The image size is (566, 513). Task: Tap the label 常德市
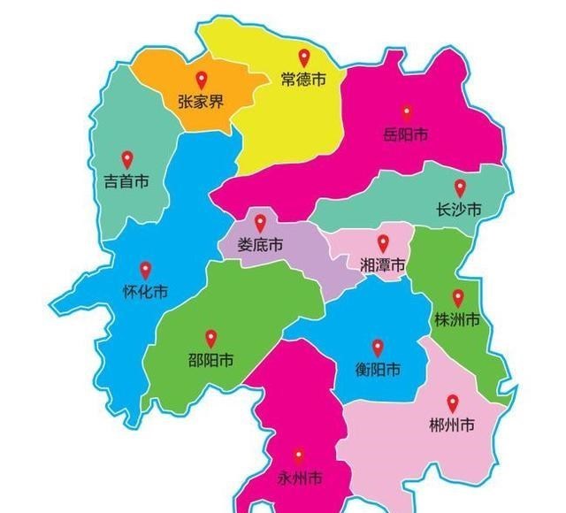point(303,80)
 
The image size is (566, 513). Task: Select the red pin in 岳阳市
point(407,112)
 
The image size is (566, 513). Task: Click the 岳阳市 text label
point(406,135)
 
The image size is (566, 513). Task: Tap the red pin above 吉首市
point(126,159)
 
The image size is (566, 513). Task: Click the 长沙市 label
point(459,211)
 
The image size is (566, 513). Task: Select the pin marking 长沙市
point(460,188)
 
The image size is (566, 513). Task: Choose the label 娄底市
point(260,246)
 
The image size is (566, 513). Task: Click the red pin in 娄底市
point(260,223)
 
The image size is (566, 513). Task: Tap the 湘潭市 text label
point(383,265)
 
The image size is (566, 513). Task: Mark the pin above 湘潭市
point(383,242)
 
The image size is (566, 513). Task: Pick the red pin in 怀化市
point(146,270)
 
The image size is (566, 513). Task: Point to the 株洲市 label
point(457,320)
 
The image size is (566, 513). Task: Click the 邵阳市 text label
point(211,361)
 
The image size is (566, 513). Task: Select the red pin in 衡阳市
point(378,348)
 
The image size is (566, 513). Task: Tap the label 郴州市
point(452,425)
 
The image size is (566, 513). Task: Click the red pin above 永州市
point(299,456)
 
